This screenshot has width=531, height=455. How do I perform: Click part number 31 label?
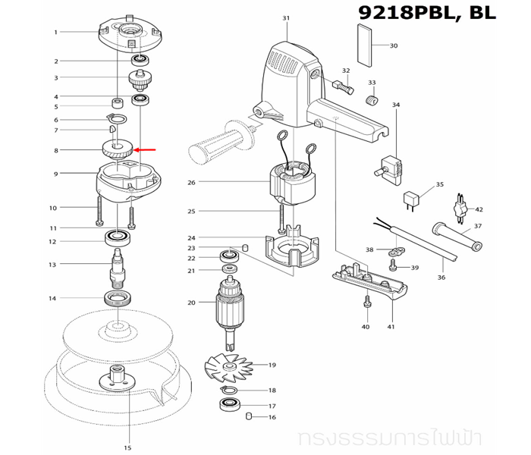pyautogui.click(x=286, y=18)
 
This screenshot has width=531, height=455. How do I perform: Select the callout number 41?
pyautogui.click(x=391, y=327)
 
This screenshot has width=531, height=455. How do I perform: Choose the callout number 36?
pyautogui.click(x=441, y=278)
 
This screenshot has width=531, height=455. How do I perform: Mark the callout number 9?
pyautogui.click(x=55, y=174)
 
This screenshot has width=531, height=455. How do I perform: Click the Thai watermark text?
pyautogui.click(x=412, y=438)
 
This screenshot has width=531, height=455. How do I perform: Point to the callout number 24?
pyautogui.click(x=191, y=238)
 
